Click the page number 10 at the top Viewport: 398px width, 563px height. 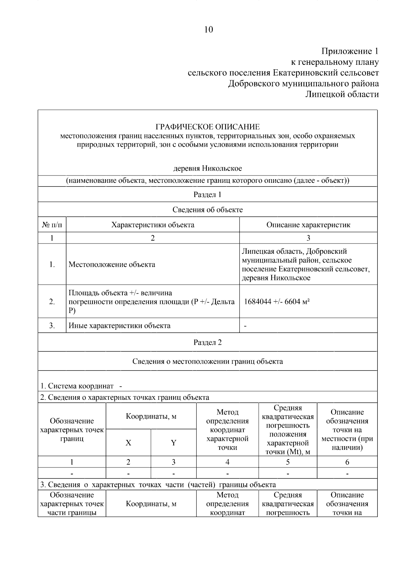tap(208, 30)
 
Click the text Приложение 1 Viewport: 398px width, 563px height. tap(350, 51)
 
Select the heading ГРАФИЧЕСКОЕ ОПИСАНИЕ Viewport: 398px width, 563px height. tap(208, 127)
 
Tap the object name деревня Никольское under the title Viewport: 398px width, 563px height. tap(208, 168)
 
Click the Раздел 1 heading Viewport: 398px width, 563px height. tap(207, 195)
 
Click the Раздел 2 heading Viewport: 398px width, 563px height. tap(207, 342)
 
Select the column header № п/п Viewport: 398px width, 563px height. tap(52, 225)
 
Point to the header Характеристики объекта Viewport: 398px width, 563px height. tap(153, 225)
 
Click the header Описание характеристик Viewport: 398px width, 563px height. tap(308, 225)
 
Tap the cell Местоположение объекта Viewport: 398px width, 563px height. tap(112, 264)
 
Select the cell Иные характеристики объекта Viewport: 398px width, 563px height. tap(119, 325)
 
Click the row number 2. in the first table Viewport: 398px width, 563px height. tap(52, 302)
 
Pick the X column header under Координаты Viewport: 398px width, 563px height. tap(128, 443)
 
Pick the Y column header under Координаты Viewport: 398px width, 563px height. tap(173, 443)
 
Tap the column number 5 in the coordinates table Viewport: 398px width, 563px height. tap(288, 462)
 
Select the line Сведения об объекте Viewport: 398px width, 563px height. tap(207, 210)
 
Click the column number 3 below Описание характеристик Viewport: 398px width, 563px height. tap(308, 238)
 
